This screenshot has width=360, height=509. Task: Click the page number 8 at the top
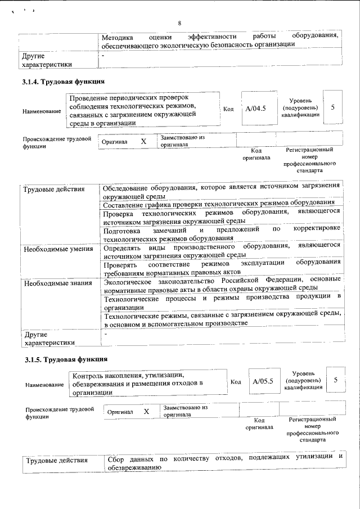coord(179,23)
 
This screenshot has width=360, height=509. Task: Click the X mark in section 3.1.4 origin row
coord(143,142)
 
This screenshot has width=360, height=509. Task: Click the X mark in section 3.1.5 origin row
coord(146,412)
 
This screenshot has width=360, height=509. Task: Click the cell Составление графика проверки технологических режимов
coord(219,203)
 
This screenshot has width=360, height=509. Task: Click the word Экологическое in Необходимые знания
coord(132,280)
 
